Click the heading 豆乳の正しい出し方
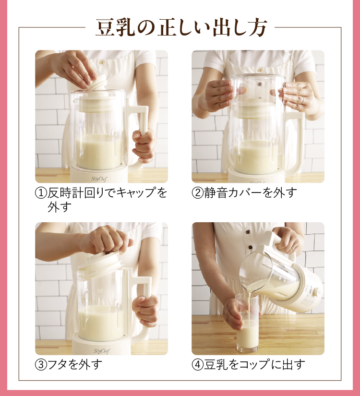[x=181, y=27]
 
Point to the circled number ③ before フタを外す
[x=41, y=365]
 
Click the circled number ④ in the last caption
[x=198, y=365]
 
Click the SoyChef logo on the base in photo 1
[x=99, y=179]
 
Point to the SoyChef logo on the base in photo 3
[x=102, y=351]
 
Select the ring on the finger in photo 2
[x=302, y=100]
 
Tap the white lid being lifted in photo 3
[x=99, y=265]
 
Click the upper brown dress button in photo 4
[x=248, y=232]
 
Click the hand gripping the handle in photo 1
[x=144, y=146]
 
